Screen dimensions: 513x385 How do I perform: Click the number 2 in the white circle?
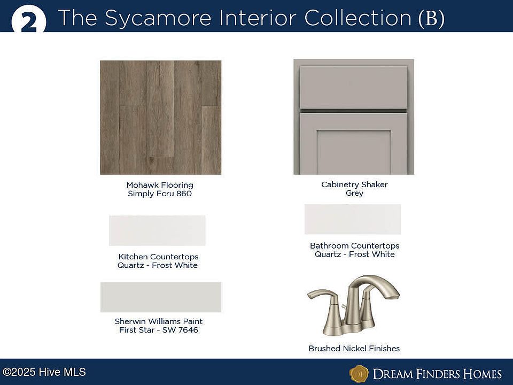pyautogui.click(x=29, y=23)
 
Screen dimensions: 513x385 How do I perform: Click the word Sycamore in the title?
pyautogui.click(x=158, y=18)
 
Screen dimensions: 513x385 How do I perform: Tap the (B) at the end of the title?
pyautogui.click(x=432, y=18)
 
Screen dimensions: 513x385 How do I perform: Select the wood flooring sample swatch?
pyautogui.click(x=161, y=117)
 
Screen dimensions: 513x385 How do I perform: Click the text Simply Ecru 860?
pyautogui.click(x=160, y=194)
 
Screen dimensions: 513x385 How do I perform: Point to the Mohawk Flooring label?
pyautogui.click(x=160, y=185)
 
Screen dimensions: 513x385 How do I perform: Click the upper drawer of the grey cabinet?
pyautogui.click(x=354, y=87)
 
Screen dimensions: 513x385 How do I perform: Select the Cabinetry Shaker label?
pyautogui.click(x=354, y=184)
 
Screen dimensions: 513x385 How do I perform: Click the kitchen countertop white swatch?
pyautogui.click(x=157, y=230)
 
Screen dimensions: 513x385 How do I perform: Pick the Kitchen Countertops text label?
pyautogui.click(x=158, y=257)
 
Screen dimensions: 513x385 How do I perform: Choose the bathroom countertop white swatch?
pyautogui.click(x=353, y=219)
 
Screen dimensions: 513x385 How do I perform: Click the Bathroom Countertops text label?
pyautogui.click(x=355, y=245)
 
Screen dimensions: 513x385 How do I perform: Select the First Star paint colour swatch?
pyautogui.click(x=161, y=297)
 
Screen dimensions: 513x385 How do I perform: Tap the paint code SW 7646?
pyautogui.click(x=180, y=330)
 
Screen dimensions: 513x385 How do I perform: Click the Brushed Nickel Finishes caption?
pyautogui.click(x=354, y=348)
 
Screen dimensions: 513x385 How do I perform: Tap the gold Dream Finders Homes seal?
pyautogui.click(x=359, y=374)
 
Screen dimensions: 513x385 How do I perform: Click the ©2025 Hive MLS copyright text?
pyautogui.click(x=44, y=372)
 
